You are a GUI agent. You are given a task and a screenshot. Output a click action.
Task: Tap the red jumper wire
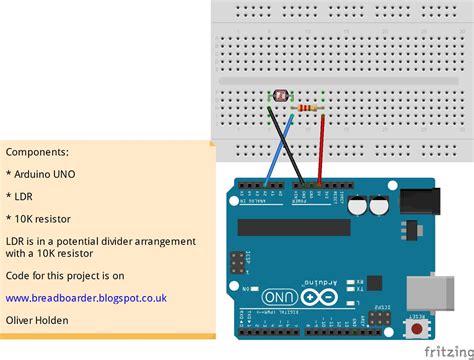tap(322, 150)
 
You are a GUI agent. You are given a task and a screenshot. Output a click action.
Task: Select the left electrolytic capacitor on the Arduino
tap(356, 203)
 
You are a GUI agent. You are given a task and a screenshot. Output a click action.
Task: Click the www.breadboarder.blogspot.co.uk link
tap(86, 298)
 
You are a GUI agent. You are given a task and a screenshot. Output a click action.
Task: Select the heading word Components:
tap(37, 152)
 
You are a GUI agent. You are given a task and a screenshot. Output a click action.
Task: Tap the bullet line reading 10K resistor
tap(43, 218)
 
